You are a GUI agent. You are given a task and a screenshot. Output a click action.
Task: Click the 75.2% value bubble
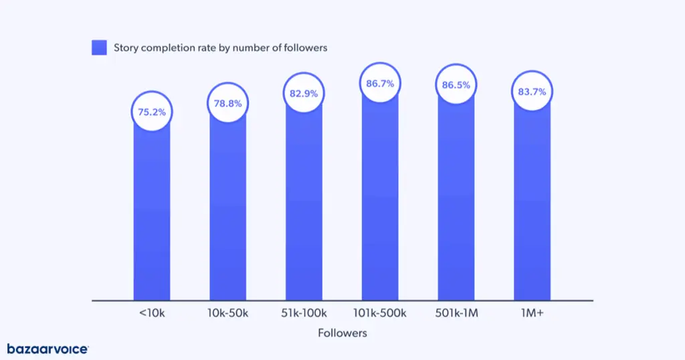152,112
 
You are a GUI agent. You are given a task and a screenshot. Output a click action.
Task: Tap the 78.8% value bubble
228,104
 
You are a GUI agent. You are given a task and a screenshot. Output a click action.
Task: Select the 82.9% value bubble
304,93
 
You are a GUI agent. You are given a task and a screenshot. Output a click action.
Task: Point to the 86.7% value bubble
380,84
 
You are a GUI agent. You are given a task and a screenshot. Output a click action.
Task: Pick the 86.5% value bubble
456,85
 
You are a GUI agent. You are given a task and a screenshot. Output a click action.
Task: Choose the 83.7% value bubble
532,92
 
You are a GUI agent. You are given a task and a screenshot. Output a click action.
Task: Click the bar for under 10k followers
152,214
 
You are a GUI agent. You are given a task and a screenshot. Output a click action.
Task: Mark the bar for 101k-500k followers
380,201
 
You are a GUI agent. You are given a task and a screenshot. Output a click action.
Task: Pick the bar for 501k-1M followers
456,201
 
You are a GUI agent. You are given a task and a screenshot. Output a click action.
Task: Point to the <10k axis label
151,313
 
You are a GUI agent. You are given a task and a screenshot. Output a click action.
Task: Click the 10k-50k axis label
227,313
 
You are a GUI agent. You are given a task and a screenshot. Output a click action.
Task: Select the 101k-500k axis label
379,313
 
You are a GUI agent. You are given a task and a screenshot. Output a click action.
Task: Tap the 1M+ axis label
532,313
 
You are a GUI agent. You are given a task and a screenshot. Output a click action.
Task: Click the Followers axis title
342,333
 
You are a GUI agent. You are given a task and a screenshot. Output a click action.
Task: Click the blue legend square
99,48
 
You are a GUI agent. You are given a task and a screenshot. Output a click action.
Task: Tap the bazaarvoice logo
47,349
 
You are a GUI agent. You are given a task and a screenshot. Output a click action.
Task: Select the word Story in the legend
126,48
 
